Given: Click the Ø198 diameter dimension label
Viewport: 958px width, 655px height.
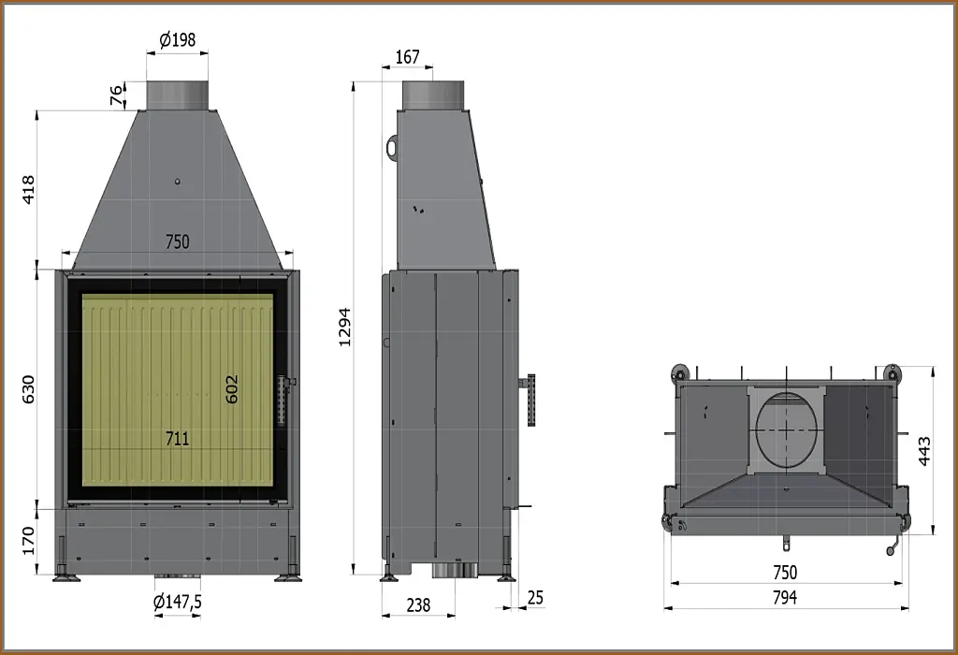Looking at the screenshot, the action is [x=177, y=40].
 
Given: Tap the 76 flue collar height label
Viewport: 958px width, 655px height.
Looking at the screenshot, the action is [x=116, y=95].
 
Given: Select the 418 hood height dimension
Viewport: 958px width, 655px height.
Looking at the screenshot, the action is [x=28, y=189].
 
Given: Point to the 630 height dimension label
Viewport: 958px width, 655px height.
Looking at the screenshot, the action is [x=28, y=389].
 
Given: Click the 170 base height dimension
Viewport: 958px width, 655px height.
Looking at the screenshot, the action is [x=28, y=541].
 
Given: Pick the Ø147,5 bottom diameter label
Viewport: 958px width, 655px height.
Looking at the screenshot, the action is [x=177, y=602].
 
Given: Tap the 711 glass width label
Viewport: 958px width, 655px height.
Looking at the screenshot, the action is [x=177, y=439].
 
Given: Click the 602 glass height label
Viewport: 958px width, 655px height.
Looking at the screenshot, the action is [x=232, y=389].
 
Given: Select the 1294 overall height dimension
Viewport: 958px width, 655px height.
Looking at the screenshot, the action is [x=344, y=327].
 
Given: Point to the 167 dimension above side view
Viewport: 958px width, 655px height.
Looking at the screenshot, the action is [x=408, y=57].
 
